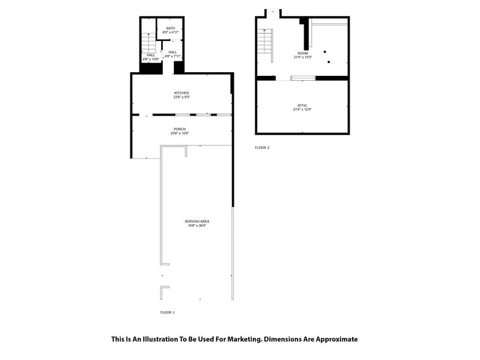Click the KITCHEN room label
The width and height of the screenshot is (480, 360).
(x=181, y=92)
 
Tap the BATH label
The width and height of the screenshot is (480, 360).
(x=170, y=28)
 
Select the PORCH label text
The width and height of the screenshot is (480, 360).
(x=179, y=129)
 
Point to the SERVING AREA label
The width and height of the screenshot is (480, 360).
(x=197, y=221)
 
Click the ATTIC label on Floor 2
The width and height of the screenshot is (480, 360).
(x=302, y=106)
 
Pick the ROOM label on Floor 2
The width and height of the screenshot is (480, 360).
(x=302, y=53)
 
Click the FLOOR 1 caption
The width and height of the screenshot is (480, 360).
(x=167, y=312)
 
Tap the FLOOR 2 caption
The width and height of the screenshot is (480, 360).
(x=262, y=148)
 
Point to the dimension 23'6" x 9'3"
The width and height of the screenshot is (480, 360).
(x=181, y=97)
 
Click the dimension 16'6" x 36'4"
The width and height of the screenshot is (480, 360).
(x=197, y=225)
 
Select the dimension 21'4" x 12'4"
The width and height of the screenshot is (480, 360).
(x=302, y=110)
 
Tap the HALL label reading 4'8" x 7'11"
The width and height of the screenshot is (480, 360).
(x=173, y=54)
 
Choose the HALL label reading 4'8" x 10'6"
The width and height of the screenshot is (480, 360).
(x=151, y=57)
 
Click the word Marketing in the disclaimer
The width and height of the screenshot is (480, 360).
(x=240, y=339)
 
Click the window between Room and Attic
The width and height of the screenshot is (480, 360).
(x=302, y=78)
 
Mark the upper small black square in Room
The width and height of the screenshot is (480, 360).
(x=325, y=51)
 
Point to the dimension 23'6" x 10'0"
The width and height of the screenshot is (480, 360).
(x=179, y=133)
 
